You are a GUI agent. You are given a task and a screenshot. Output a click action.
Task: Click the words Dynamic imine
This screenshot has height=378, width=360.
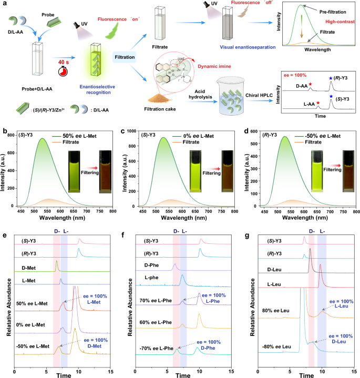tap(213, 66)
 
